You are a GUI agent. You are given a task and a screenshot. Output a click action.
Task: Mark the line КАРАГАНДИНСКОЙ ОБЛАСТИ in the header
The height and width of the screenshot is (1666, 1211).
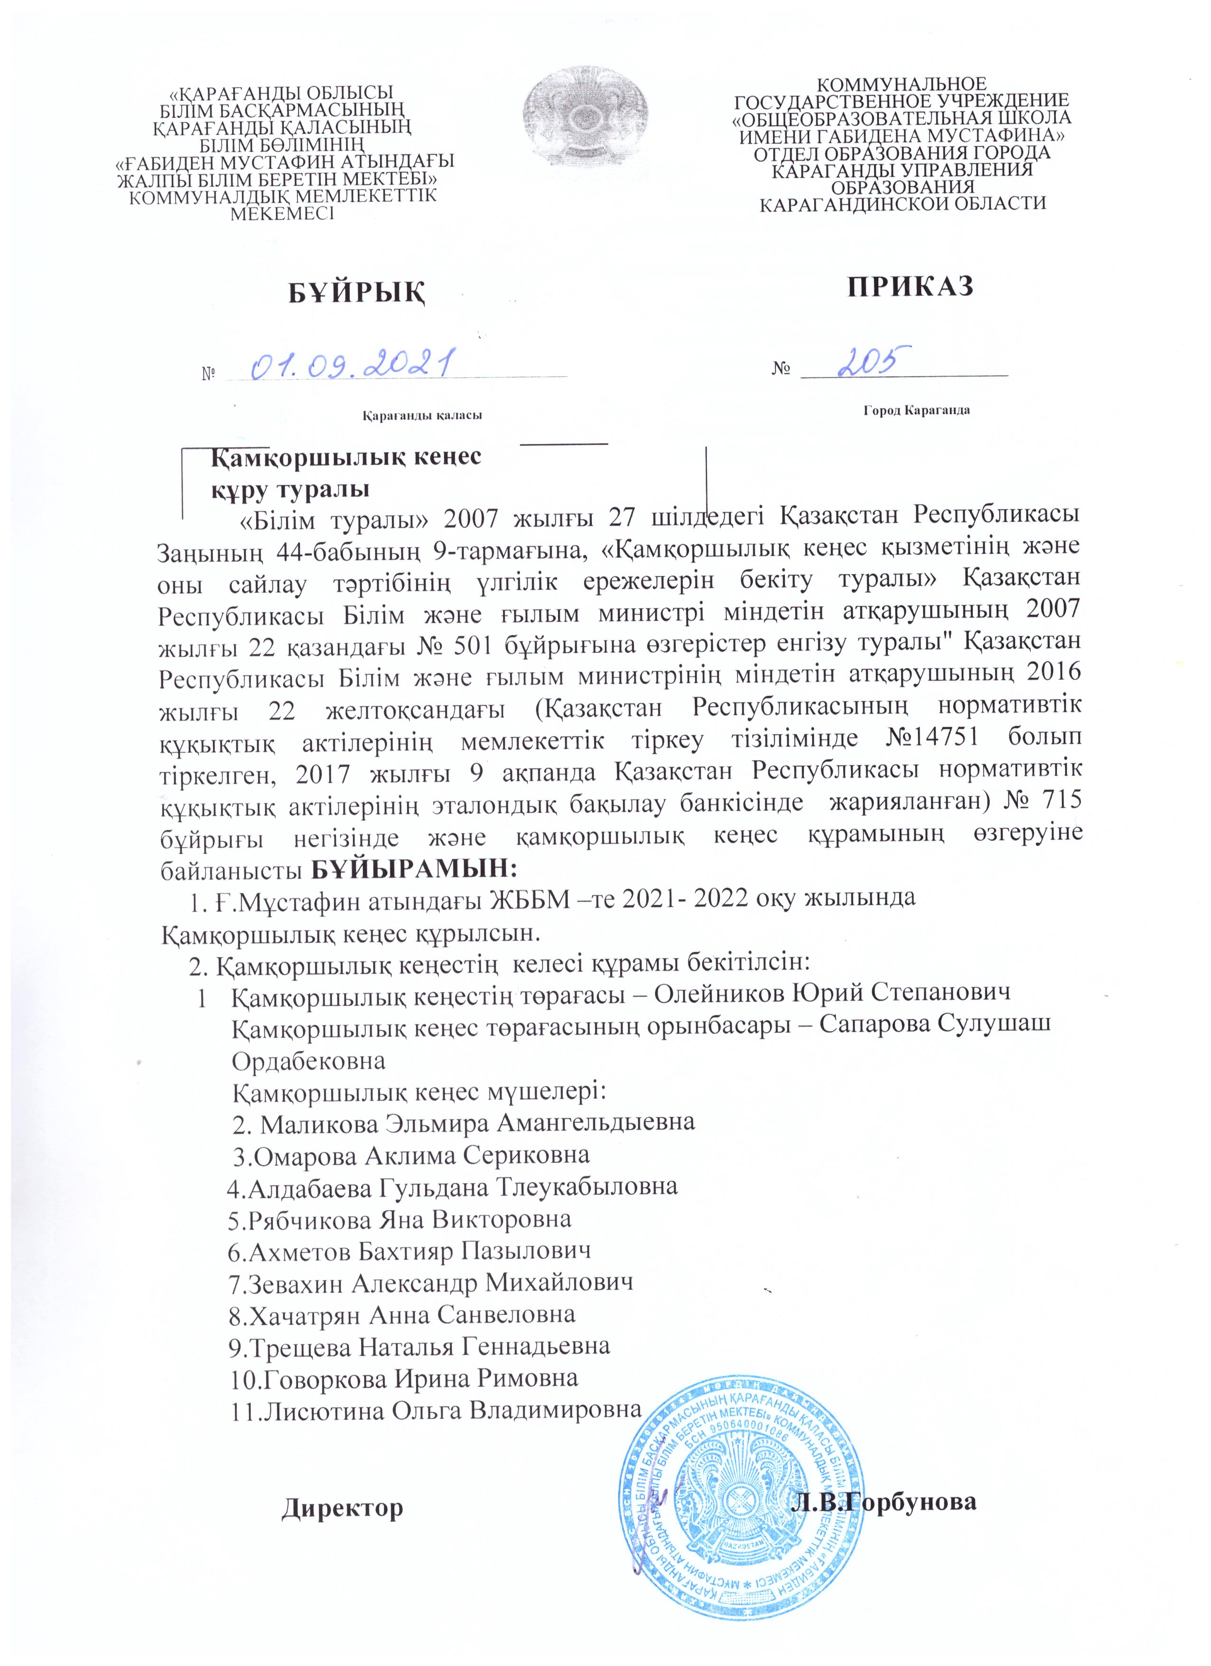(902, 203)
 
